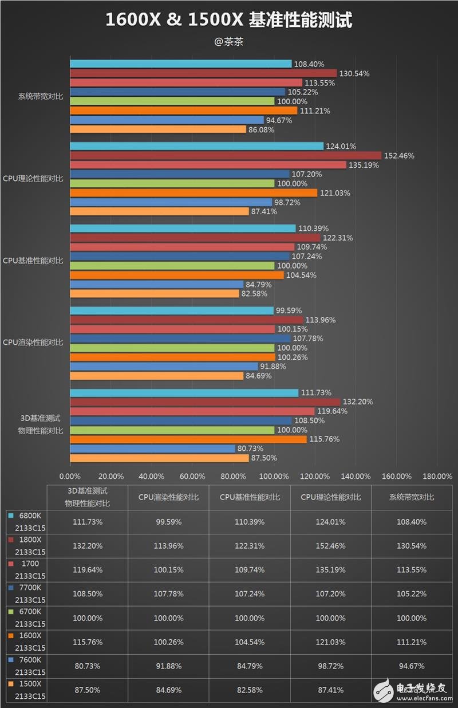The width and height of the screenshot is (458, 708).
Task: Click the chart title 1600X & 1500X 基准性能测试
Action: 228,20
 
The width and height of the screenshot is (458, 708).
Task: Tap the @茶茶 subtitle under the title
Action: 228,42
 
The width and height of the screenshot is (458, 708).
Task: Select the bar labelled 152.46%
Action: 226,156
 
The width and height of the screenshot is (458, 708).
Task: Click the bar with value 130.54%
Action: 203,73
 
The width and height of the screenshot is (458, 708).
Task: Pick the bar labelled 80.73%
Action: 152,449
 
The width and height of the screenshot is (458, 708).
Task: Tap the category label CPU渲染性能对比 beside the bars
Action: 33,343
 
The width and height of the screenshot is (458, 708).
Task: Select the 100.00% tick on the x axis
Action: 274,476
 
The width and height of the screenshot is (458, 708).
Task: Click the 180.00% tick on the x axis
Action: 437,476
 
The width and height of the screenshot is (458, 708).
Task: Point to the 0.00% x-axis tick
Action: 70,476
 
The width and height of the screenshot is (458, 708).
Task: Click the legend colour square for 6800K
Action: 10,516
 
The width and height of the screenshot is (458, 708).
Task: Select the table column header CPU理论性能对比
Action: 331,498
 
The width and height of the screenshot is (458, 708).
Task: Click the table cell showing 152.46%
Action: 331,546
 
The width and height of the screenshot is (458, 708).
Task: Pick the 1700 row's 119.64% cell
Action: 88,570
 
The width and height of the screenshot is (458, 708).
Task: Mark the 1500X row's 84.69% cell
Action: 169,690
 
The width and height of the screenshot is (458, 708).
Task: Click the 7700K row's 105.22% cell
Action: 412,594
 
